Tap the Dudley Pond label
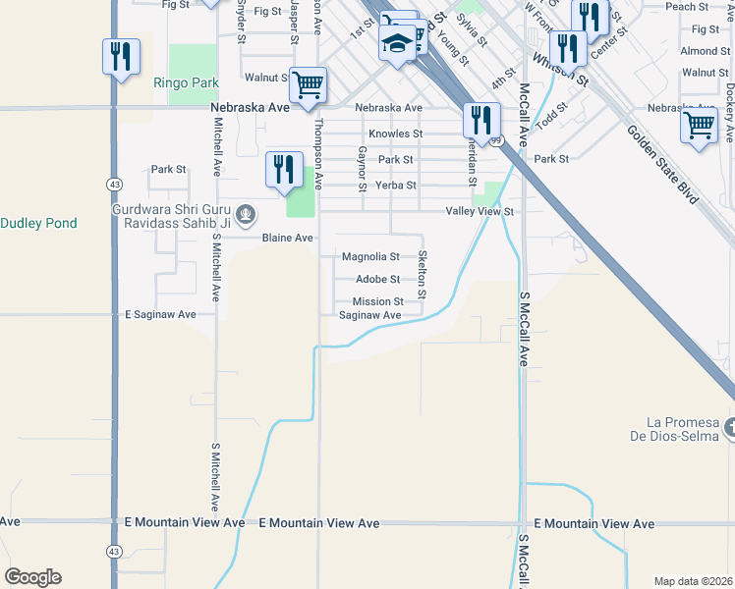pyautogui.click(x=38, y=223)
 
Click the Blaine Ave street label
pyautogui.click(x=287, y=239)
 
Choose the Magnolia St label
pyautogui.click(x=370, y=257)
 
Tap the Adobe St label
pyautogui.click(x=376, y=280)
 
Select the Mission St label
pyautogui.click(x=378, y=301)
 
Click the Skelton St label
pyautogui.click(x=422, y=274)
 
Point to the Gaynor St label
pyautogui.click(x=363, y=170)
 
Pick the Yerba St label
pyautogui.click(x=397, y=185)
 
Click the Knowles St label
pyautogui.click(x=395, y=134)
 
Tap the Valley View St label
pyautogui.click(x=480, y=211)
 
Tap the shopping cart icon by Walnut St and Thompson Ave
pyautogui.click(x=308, y=83)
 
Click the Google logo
pyautogui.click(x=32, y=577)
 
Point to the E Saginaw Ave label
pyautogui.click(x=160, y=314)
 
